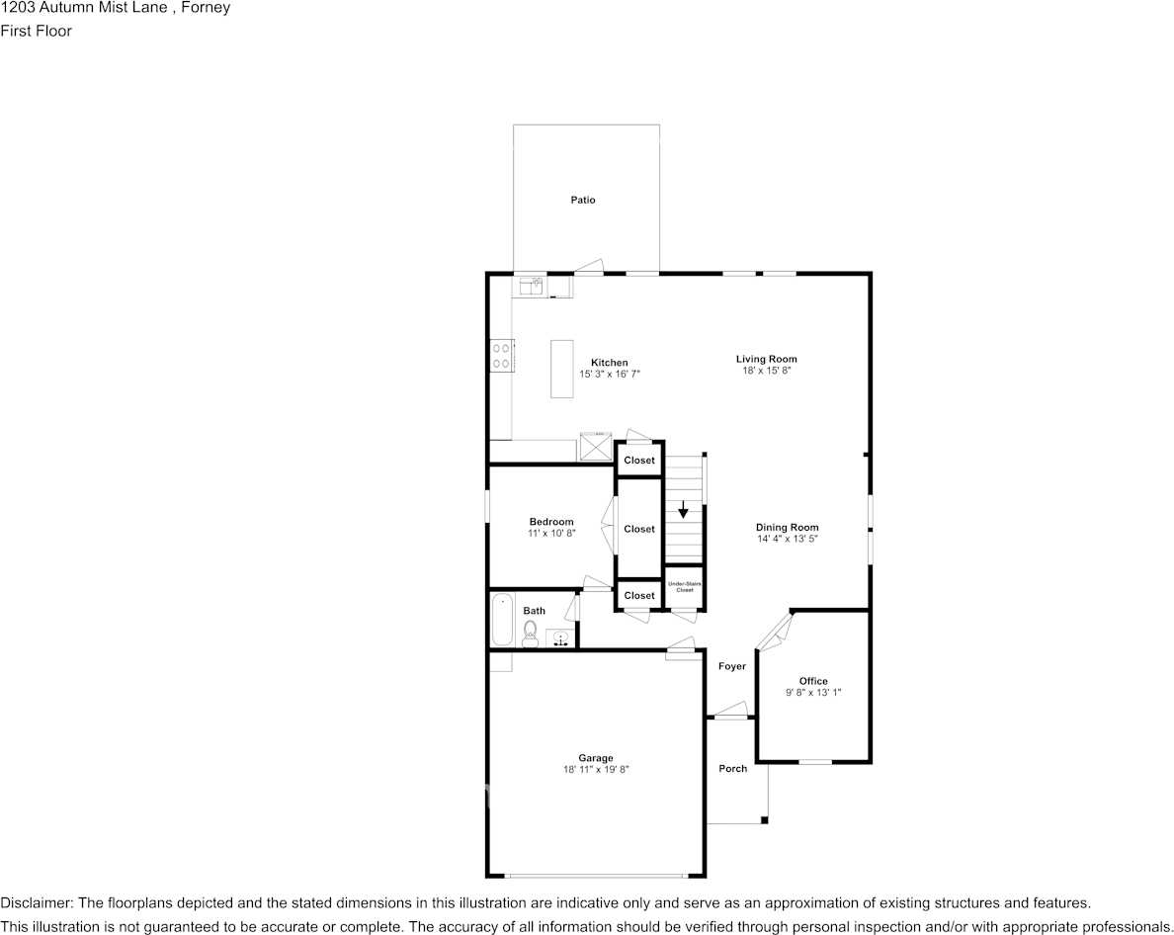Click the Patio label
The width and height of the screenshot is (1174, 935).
(x=583, y=201)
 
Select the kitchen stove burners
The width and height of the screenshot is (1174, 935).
(x=501, y=356)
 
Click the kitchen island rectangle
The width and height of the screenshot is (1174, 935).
(x=561, y=369)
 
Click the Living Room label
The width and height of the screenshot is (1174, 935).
(x=766, y=359)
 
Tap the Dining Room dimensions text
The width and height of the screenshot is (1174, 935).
(x=788, y=539)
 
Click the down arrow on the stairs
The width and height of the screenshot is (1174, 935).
(x=683, y=510)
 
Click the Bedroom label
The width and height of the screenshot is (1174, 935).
(x=551, y=522)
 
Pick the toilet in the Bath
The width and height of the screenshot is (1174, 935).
(x=530, y=633)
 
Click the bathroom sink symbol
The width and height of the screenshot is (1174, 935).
(x=560, y=638)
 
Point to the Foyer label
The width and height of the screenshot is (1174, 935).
(x=732, y=667)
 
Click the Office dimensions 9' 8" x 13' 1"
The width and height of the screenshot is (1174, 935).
(x=813, y=693)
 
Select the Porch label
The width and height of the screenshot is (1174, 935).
(x=733, y=769)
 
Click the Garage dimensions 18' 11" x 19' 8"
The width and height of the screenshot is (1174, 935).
(x=596, y=769)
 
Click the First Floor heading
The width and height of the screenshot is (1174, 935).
(x=36, y=31)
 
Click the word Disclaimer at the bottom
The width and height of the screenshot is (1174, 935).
(x=36, y=903)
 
